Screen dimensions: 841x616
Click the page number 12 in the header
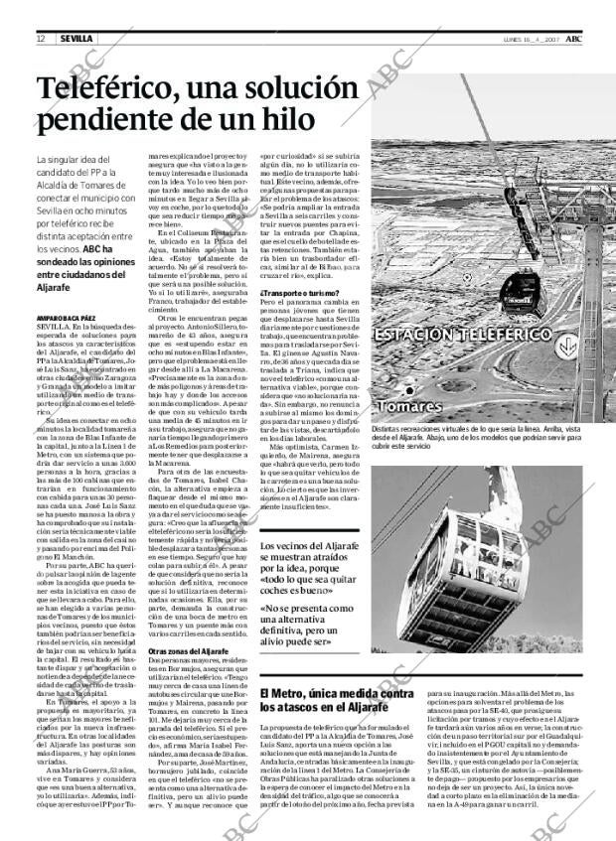coord(40,38)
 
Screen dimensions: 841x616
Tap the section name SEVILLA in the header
coord(76,38)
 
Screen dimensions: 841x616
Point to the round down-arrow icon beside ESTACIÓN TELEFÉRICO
coord(566,348)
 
